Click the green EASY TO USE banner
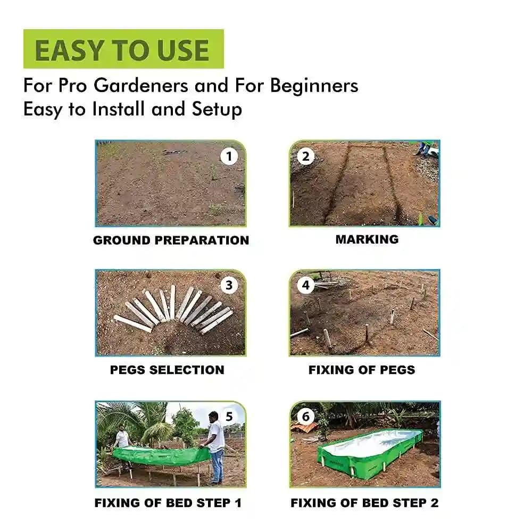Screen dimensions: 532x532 (x=123, y=49)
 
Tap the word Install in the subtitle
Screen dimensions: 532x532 (x=120, y=110)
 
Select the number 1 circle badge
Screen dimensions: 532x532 (x=229, y=156)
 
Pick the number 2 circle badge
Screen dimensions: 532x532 (x=305, y=156)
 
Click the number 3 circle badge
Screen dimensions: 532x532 (x=229, y=285)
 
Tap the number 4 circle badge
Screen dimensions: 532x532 (x=305, y=285)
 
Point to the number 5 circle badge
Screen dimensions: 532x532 (x=229, y=417)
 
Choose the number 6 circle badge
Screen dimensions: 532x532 (x=305, y=417)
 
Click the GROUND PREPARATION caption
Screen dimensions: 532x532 (x=171, y=240)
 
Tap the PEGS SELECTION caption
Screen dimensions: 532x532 (x=167, y=370)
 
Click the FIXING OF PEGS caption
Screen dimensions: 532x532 (x=362, y=370)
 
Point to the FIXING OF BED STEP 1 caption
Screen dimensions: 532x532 (x=168, y=503)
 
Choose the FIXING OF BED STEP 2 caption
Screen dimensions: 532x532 (x=364, y=503)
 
